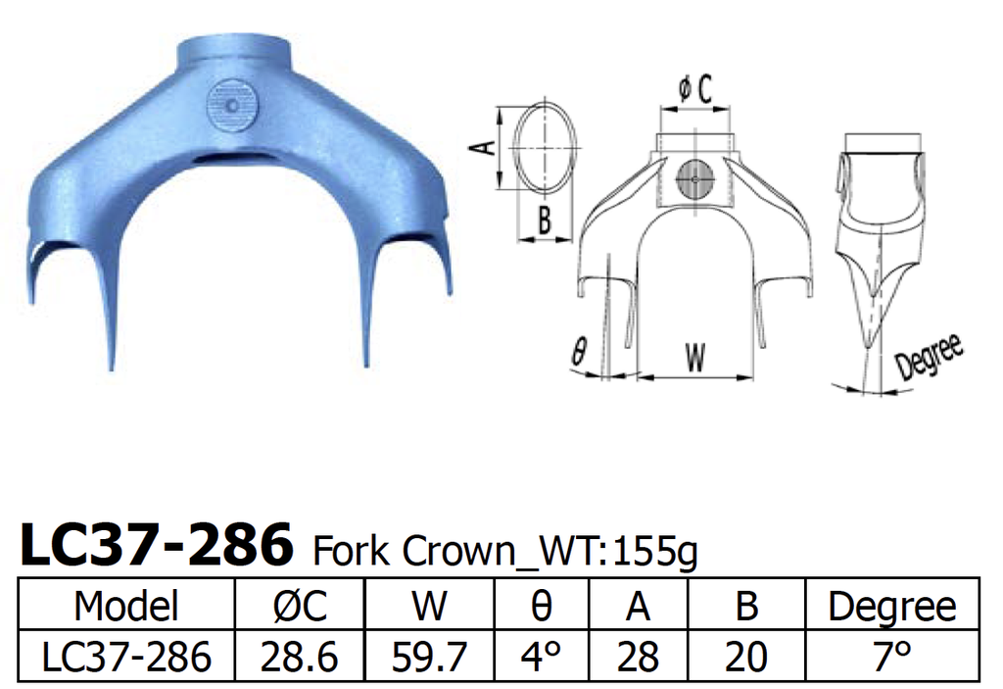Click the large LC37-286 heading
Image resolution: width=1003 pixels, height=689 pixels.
[x=157, y=546]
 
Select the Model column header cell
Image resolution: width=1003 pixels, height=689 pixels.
[x=126, y=607]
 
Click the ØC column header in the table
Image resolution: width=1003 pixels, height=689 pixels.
[x=299, y=607]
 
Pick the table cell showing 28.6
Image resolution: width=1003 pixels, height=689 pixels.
[x=299, y=656]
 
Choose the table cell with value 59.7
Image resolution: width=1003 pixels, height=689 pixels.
[x=429, y=656]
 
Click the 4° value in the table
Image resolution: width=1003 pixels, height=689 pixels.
[x=541, y=656]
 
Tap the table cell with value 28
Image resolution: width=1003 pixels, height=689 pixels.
[x=638, y=656]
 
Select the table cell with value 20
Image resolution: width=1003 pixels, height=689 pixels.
[x=745, y=656]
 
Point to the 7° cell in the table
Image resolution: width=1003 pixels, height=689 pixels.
[x=891, y=656]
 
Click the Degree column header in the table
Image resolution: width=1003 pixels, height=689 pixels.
[x=891, y=607]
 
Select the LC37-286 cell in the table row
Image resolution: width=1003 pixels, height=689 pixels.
[x=126, y=656]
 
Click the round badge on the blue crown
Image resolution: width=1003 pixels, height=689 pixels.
[x=233, y=104]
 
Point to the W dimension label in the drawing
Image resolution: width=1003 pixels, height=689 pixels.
[x=694, y=359]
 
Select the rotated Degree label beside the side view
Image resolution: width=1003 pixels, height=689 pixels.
[x=929, y=359]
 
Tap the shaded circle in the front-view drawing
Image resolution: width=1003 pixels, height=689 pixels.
[x=694, y=179]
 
